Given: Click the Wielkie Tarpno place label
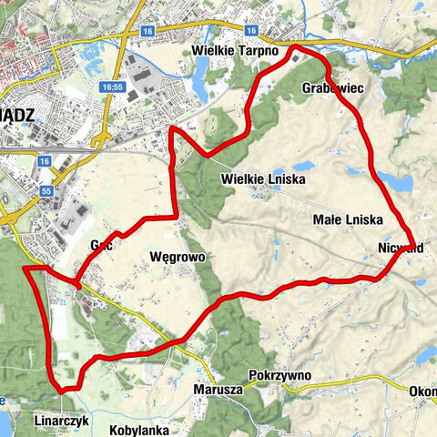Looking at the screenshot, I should [x=235, y=50].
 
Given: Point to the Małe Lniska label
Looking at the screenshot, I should [x=347, y=220].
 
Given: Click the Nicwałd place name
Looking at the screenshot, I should [x=397, y=248].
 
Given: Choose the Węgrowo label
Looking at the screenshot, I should [x=177, y=258].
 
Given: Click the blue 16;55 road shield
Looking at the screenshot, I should [x=113, y=87].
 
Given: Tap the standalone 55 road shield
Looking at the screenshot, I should [x=46, y=191].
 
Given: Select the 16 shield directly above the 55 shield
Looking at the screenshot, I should [x=44, y=160].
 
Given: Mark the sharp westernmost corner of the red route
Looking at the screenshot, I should [x=23, y=269].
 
